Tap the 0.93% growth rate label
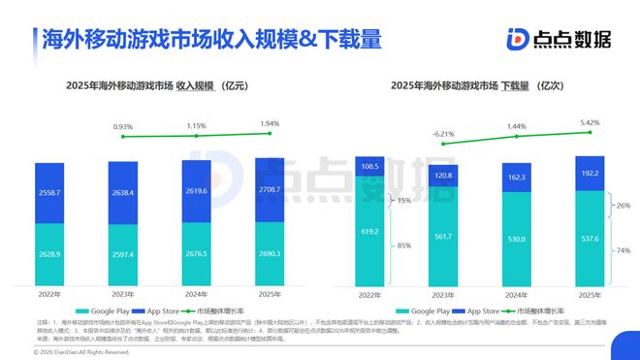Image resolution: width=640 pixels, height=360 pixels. (x=123, y=127)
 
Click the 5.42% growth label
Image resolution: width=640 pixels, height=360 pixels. (x=590, y=123)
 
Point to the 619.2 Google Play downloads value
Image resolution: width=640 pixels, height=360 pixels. (x=368, y=233)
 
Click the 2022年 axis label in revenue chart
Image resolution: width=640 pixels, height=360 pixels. (x=50, y=295)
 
